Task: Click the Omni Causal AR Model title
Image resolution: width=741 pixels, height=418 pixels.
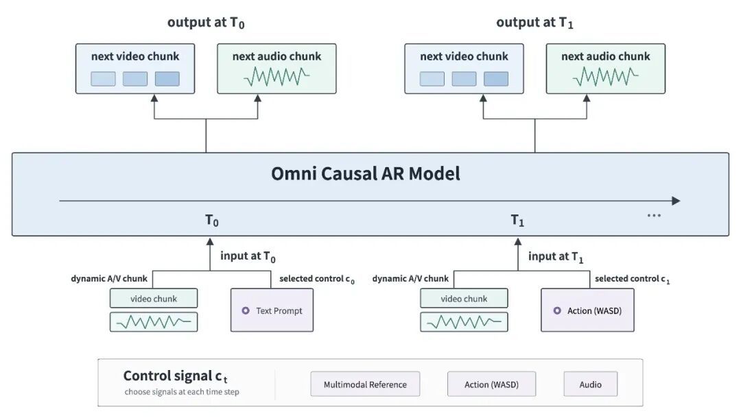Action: coord(365,173)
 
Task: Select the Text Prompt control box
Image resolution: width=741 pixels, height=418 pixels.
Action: coord(272,310)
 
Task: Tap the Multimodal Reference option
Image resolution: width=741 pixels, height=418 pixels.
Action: coord(365,384)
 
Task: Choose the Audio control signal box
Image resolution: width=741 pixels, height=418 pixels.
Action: coord(590,384)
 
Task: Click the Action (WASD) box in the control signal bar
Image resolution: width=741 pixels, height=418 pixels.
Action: coord(491,384)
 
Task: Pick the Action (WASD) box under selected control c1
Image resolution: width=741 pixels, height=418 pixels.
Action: coord(587,310)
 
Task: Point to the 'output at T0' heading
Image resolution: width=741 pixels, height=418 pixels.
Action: coord(206,23)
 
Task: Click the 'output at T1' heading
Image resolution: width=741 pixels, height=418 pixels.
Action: coord(534,23)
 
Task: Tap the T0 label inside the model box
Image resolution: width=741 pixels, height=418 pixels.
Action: coord(212,221)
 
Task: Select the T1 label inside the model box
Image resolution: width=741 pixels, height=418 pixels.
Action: coord(517,221)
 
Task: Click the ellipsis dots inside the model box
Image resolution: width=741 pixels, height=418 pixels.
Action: coord(654,216)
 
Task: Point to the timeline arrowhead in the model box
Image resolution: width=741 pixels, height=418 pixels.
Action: coord(677,201)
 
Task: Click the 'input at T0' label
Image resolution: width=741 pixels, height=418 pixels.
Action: coord(248,256)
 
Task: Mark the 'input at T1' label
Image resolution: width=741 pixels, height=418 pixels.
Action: coord(556,256)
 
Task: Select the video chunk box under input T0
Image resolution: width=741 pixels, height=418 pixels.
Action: coord(154,298)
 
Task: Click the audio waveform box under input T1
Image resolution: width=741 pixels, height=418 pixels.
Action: coord(464,322)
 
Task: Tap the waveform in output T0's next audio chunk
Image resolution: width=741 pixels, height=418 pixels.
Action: coord(277,77)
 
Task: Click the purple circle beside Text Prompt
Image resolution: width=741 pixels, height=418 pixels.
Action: coord(246,310)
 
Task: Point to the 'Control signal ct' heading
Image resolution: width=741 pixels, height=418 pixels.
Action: coord(176,376)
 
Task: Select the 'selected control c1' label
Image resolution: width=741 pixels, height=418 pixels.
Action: coord(633,279)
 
